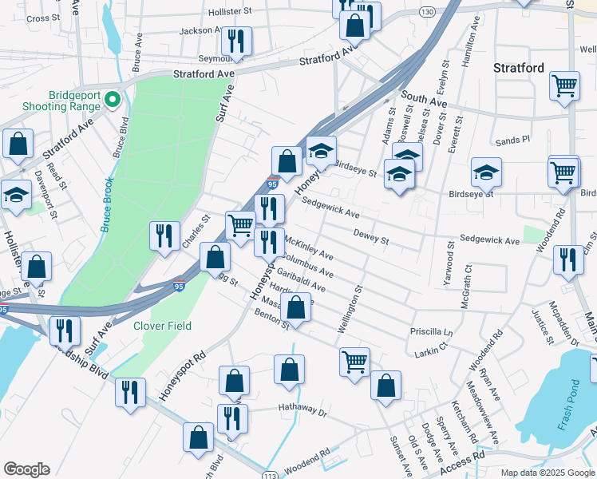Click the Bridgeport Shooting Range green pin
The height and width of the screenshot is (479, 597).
pyautogui.click(x=113, y=100)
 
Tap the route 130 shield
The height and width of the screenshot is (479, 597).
pyautogui.click(x=428, y=12)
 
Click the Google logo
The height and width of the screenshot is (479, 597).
pyautogui.click(x=26, y=469)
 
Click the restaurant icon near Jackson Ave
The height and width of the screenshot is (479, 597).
pyautogui.click(x=235, y=41)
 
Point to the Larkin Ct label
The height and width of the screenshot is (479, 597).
pyautogui.click(x=427, y=351)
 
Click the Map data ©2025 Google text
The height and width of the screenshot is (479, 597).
pyautogui.click(x=548, y=473)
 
